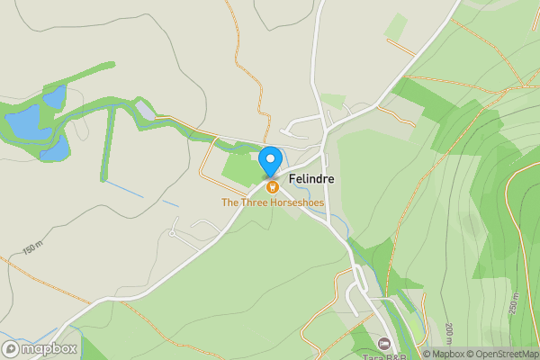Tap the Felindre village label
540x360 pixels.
click(x=312, y=179)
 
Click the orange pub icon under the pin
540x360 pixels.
click(x=271, y=186)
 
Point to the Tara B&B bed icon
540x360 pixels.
click(x=384, y=344)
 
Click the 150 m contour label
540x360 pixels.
click(x=33, y=248)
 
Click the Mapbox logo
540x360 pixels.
click(x=40, y=348)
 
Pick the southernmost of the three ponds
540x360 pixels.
click(x=55, y=148)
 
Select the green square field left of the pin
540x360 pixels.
click(x=238, y=169)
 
